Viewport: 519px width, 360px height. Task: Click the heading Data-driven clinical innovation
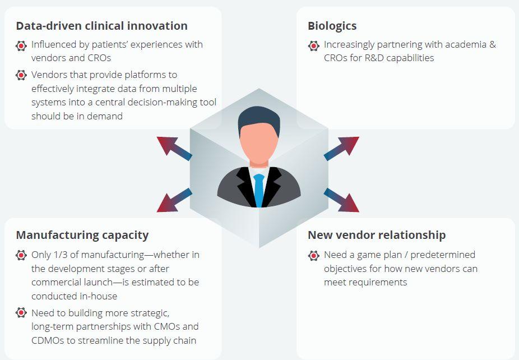pyautogui.click(x=101, y=26)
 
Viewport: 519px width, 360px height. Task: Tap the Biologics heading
pyautogui.click(x=332, y=26)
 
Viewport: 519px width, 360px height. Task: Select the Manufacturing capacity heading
pyautogui.click(x=82, y=236)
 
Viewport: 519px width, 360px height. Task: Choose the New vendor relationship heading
pyautogui.click(x=377, y=235)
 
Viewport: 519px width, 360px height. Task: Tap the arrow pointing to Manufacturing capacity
pyautogui.click(x=174, y=200)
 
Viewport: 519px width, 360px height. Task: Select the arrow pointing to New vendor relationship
pyautogui.click(x=341, y=200)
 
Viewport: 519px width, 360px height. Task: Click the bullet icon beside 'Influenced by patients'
pyautogui.click(x=21, y=45)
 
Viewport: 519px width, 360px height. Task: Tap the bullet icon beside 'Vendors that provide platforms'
pyautogui.click(x=21, y=75)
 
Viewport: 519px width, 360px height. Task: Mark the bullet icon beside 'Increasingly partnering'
pyautogui.click(x=314, y=45)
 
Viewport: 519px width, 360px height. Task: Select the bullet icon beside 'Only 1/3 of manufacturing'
pyautogui.click(x=21, y=255)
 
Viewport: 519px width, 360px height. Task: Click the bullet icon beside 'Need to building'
pyautogui.click(x=21, y=312)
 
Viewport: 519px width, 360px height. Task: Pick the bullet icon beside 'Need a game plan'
pyautogui.click(x=314, y=255)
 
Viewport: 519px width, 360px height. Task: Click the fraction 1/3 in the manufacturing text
pyautogui.click(x=62, y=255)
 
